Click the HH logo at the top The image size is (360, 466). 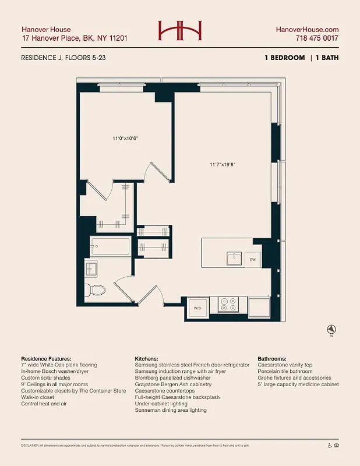(179, 30)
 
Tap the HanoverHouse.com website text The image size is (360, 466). (307, 29)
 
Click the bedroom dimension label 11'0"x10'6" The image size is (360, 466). (125, 139)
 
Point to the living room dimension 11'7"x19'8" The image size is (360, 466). (222, 164)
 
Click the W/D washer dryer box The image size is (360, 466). (197, 308)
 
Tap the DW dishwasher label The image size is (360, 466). (253, 259)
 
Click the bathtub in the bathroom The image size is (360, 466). (110, 247)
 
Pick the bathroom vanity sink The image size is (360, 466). (91, 269)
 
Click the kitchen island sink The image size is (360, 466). (234, 257)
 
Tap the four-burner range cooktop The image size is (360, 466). (228, 304)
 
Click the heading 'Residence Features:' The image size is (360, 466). (46, 358)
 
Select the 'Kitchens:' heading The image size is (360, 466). (147, 358)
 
